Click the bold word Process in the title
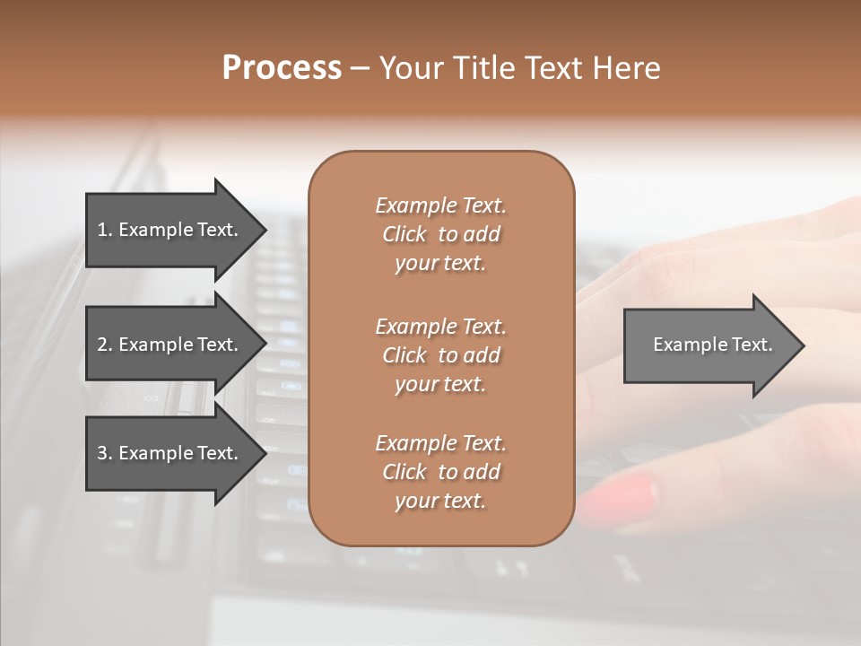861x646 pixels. (x=282, y=68)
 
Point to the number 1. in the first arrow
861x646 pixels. (x=104, y=230)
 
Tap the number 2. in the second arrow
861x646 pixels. (x=104, y=345)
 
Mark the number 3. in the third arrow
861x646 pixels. (x=104, y=453)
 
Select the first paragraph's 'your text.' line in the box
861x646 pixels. (x=440, y=263)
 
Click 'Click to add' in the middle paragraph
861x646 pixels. (x=440, y=355)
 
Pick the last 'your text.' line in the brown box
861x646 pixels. (x=440, y=501)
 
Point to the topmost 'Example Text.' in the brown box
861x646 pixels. (x=440, y=205)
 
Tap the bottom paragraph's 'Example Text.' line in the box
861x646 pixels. (x=440, y=443)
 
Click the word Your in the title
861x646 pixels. (x=410, y=68)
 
